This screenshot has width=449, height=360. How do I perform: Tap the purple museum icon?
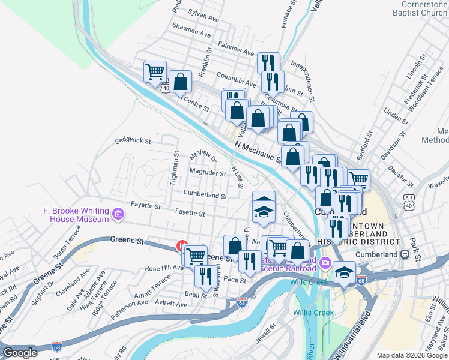pyautogui.click(x=118, y=214)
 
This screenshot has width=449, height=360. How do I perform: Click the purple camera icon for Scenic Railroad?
pyautogui.click(x=325, y=262)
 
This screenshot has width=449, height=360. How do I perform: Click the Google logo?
pyautogui.click(x=20, y=353)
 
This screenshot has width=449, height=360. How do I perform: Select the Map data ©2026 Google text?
pyautogui.click(x=411, y=355)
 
